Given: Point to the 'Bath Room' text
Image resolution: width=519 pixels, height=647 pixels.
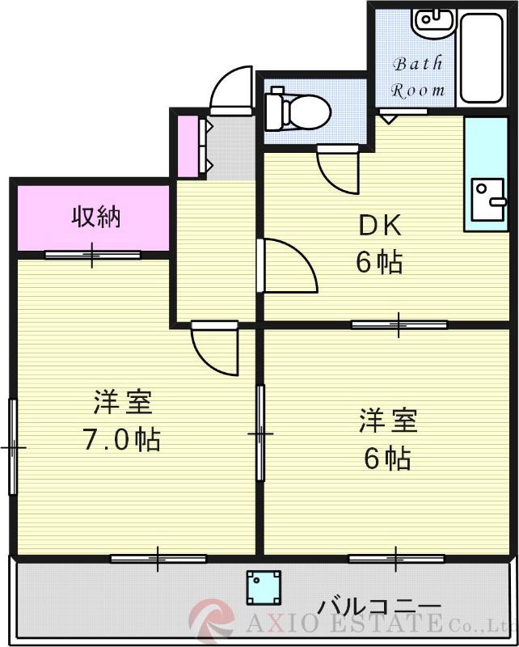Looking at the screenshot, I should coord(418,78).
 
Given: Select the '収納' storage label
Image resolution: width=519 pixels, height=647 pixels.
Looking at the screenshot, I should coord(96,216).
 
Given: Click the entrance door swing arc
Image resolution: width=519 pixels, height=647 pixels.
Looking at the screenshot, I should coord(230,91).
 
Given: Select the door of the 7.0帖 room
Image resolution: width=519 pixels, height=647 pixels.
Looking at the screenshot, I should coord(215,348).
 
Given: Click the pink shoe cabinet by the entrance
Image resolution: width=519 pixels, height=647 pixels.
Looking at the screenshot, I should coord(188,146).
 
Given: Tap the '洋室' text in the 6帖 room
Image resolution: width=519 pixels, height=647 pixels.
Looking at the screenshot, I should coord(387,421).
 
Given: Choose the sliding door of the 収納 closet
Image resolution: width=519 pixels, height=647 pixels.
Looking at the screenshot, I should coord(92,256).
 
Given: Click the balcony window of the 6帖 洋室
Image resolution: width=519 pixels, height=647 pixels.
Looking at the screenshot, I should coord(396,557).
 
